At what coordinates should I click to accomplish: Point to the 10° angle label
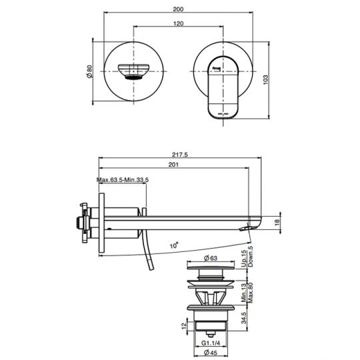[174, 245]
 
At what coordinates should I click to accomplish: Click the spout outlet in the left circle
[135, 70]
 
